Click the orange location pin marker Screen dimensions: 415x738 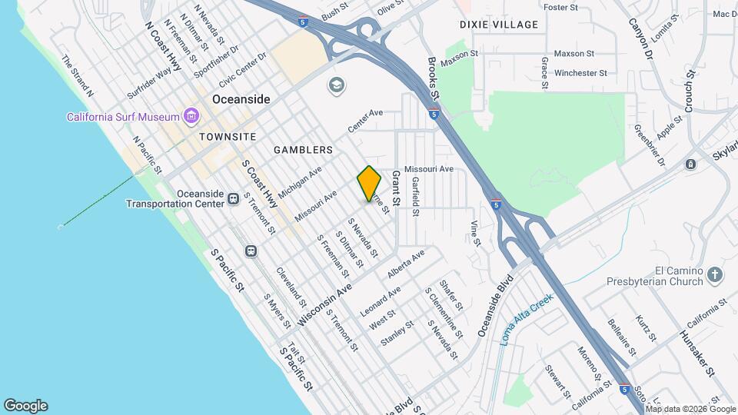click(370, 183)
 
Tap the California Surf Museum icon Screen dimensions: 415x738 click(191, 117)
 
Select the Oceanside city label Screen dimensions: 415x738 click(241, 100)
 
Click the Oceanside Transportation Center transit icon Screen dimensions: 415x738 click(233, 199)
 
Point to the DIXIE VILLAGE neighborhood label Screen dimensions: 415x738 click(499, 25)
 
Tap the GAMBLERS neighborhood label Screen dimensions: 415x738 click(306, 149)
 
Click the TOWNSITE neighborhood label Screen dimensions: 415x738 click(227, 136)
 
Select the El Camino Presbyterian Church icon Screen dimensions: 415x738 click(716, 274)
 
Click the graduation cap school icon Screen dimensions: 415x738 click(336, 85)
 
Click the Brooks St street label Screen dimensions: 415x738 click(431, 79)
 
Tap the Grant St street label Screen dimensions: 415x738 click(397, 189)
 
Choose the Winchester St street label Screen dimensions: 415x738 click(580, 73)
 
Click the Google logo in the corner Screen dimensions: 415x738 click(25, 406)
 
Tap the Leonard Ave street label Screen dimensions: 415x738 click(381, 295)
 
